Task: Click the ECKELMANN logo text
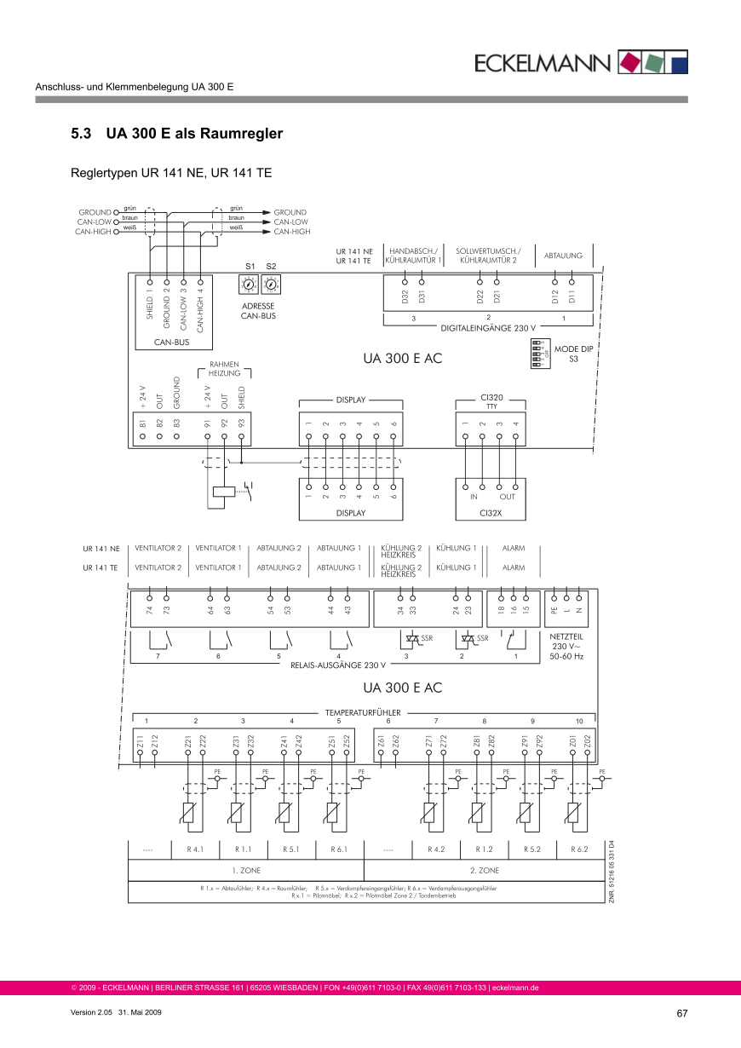click(x=543, y=63)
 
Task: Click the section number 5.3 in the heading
click(x=83, y=134)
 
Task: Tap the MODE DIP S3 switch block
click(x=537, y=354)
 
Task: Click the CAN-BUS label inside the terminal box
click(x=171, y=342)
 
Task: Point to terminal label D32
click(x=405, y=297)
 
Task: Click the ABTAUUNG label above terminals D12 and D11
click(x=563, y=255)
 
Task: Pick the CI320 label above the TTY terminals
click(x=491, y=397)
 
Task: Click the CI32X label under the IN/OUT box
click(x=491, y=513)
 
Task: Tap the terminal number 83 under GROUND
click(x=176, y=422)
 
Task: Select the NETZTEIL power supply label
click(x=566, y=636)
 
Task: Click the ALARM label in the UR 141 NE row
click(x=514, y=548)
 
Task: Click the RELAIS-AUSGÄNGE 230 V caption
click(x=339, y=664)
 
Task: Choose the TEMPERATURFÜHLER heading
click(x=363, y=711)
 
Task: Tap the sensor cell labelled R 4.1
click(x=196, y=849)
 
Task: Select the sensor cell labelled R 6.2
click(x=579, y=849)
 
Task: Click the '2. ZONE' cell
click(x=485, y=871)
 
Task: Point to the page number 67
click(x=681, y=1013)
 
